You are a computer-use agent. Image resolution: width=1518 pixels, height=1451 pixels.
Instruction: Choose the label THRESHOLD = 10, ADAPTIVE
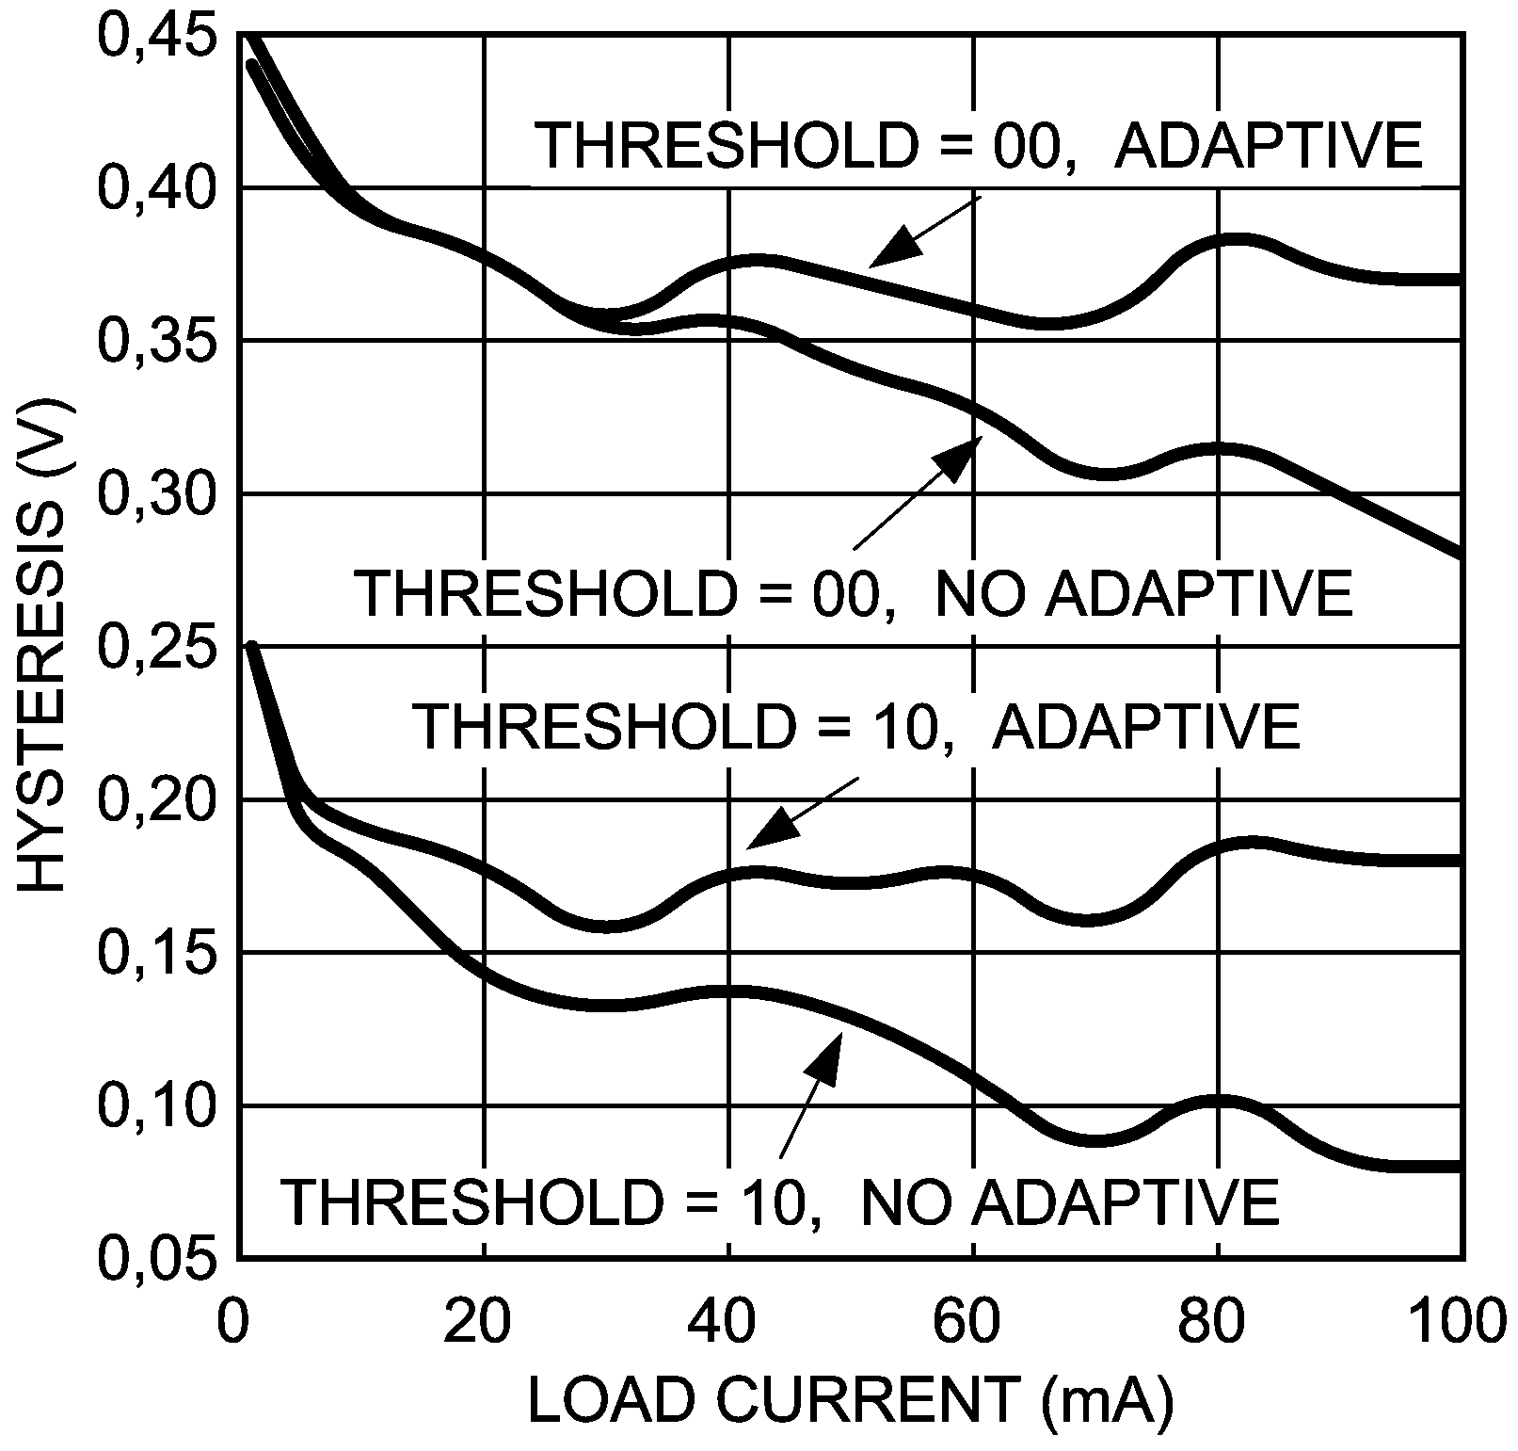856,726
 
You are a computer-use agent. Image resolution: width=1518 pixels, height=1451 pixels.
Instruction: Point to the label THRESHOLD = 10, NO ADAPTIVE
781,1200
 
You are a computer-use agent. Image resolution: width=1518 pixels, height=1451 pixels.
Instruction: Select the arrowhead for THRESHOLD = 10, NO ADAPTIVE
823,1059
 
